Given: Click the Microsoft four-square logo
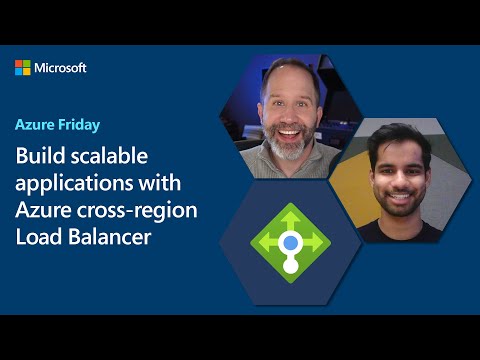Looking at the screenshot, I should point(23,68).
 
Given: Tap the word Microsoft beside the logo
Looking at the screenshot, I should point(61,68).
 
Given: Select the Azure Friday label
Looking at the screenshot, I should point(56,127).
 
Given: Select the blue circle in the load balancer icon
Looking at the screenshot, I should point(290,241).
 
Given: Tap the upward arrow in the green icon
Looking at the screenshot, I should point(290,216).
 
